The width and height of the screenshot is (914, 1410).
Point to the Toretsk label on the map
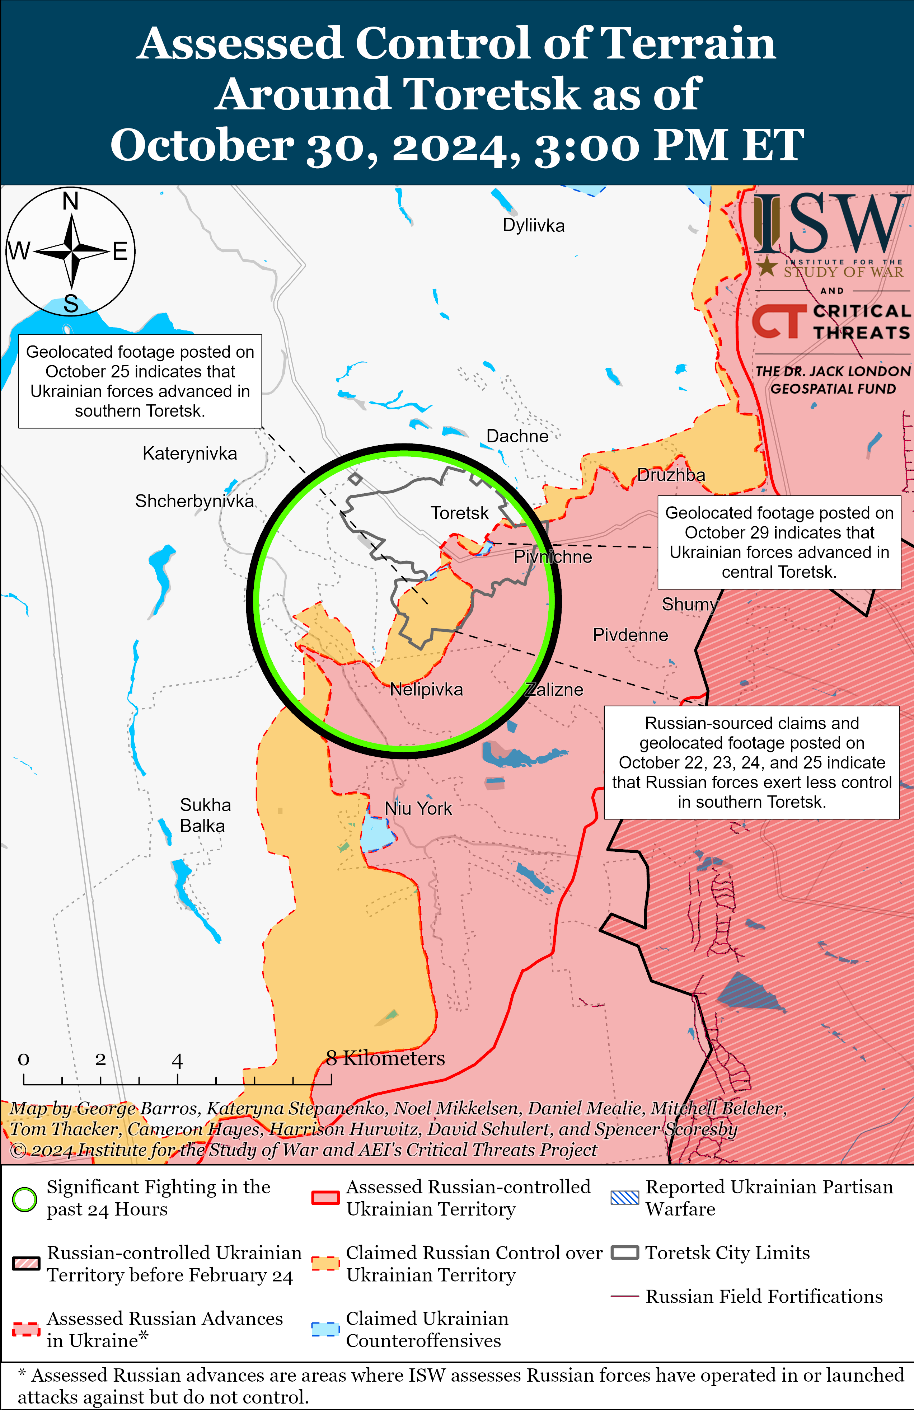pos(459,513)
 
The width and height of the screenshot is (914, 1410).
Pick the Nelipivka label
pos(426,690)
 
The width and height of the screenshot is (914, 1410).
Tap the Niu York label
pos(418,809)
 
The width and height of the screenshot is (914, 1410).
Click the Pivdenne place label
pos(630,635)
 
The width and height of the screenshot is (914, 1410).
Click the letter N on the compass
pos(71,202)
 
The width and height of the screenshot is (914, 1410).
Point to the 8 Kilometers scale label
pos(386,1058)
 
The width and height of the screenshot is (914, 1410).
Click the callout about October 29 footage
pos(779,542)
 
